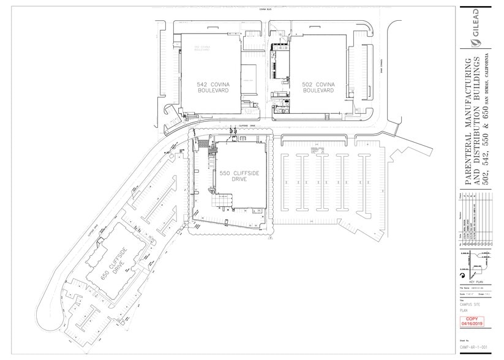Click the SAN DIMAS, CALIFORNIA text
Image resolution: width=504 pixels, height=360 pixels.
(489, 73)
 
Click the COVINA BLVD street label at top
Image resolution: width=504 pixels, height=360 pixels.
(247, 10)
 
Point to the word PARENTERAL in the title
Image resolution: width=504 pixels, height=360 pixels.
(468, 159)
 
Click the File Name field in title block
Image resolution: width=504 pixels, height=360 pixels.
(470, 287)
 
